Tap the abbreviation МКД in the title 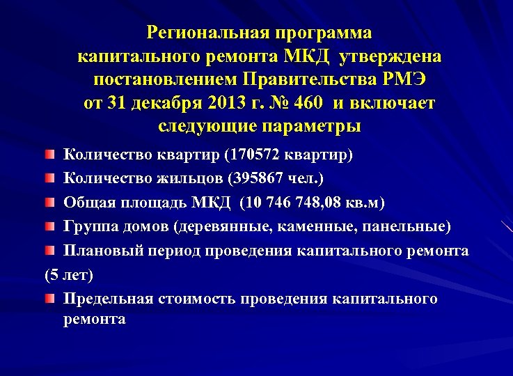pos(303,56)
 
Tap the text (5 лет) pos(68,274)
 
